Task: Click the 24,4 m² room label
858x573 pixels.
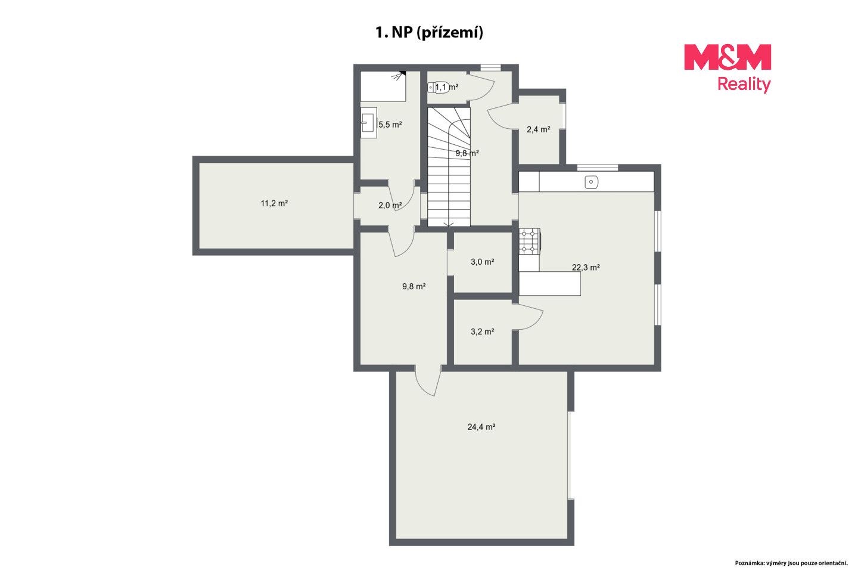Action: tap(481, 426)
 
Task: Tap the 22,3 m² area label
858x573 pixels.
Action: tap(586, 267)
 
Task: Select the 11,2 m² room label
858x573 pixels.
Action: tap(274, 203)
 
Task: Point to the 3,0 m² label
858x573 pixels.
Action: tap(482, 262)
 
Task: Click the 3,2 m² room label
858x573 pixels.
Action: tap(482, 332)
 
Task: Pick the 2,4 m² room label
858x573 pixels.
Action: tap(538, 129)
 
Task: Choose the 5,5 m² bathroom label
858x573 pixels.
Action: tap(390, 125)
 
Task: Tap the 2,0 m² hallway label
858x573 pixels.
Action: tap(390, 206)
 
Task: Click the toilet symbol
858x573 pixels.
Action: tap(437, 88)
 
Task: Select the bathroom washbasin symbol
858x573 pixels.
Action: tap(368, 123)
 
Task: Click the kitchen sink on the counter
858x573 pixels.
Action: tap(592, 182)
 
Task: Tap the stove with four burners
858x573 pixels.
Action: tap(529, 241)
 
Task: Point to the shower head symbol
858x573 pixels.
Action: tap(399, 76)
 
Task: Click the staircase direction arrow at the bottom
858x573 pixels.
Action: tap(449, 224)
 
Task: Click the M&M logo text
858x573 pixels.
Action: tap(728, 57)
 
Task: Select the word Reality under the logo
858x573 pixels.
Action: tap(744, 84)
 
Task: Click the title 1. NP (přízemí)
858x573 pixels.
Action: tap(429, 33)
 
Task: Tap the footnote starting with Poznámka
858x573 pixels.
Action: tap(791, 563)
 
